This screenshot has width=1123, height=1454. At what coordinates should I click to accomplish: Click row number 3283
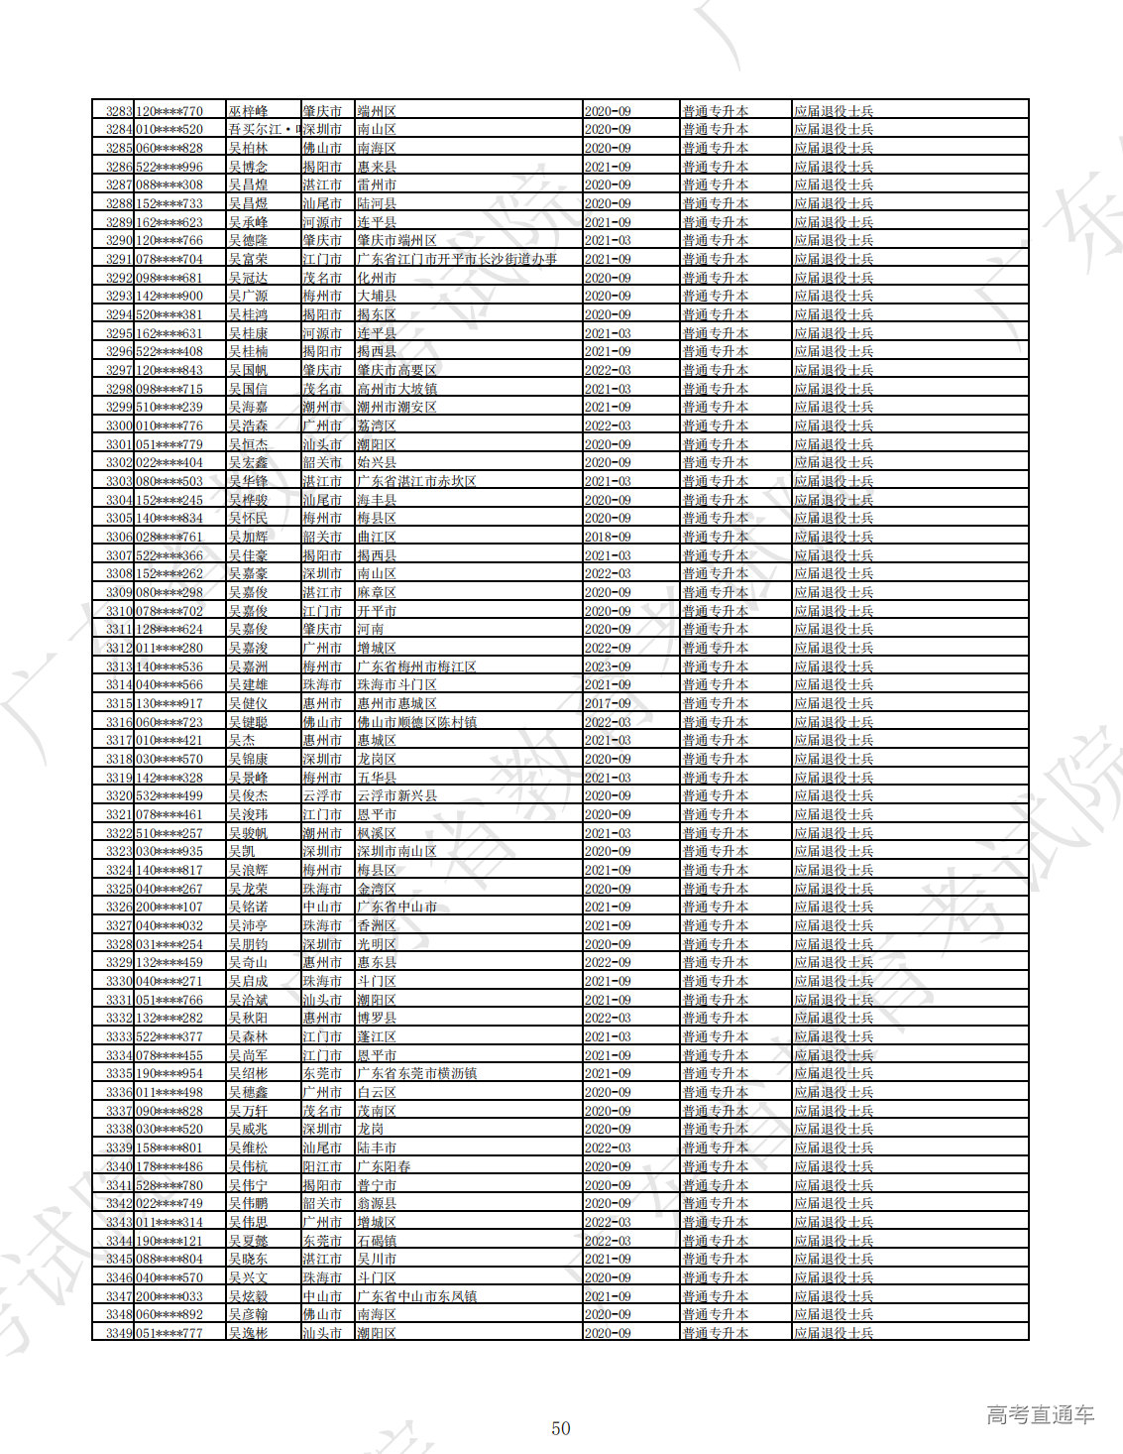tap(119, 111)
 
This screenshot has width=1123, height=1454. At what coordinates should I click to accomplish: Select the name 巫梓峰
tap(248, 111)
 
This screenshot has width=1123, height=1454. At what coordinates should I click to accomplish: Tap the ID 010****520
tap(169, 130)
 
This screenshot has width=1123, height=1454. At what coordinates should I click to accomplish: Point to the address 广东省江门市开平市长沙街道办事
tap(457, 259)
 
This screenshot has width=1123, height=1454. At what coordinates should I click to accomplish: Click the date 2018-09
tap(608, 537)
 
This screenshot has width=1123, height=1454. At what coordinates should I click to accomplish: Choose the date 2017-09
tap(608, 703)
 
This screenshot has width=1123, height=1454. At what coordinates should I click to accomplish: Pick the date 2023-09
tap(608, 666)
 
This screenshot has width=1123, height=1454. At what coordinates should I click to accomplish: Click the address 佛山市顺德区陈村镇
tap(416, 722)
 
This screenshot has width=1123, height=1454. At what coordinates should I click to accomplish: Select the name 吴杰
tap(242, 741)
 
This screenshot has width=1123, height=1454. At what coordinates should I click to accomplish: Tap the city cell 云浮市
tap(322, 796)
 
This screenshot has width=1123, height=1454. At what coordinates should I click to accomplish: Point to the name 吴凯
tap(242, 852)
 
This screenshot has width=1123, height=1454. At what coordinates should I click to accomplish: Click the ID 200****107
tap(169, 908)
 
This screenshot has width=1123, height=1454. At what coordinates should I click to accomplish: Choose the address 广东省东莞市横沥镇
tap(416, 1074)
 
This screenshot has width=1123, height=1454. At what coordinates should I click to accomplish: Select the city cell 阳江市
tap(322, 1166)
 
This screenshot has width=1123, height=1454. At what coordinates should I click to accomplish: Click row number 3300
tap(119, 425)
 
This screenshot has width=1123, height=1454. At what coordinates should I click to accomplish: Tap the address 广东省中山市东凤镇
tap(416, 1296)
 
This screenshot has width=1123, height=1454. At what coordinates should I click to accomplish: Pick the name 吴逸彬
tap(248, 1333)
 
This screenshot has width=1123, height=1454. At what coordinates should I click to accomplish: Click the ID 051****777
tap(169, 1333)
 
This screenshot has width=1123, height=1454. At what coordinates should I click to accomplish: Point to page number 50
tap(561, 1428)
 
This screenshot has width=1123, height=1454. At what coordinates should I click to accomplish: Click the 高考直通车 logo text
tap(1040, 1415)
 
